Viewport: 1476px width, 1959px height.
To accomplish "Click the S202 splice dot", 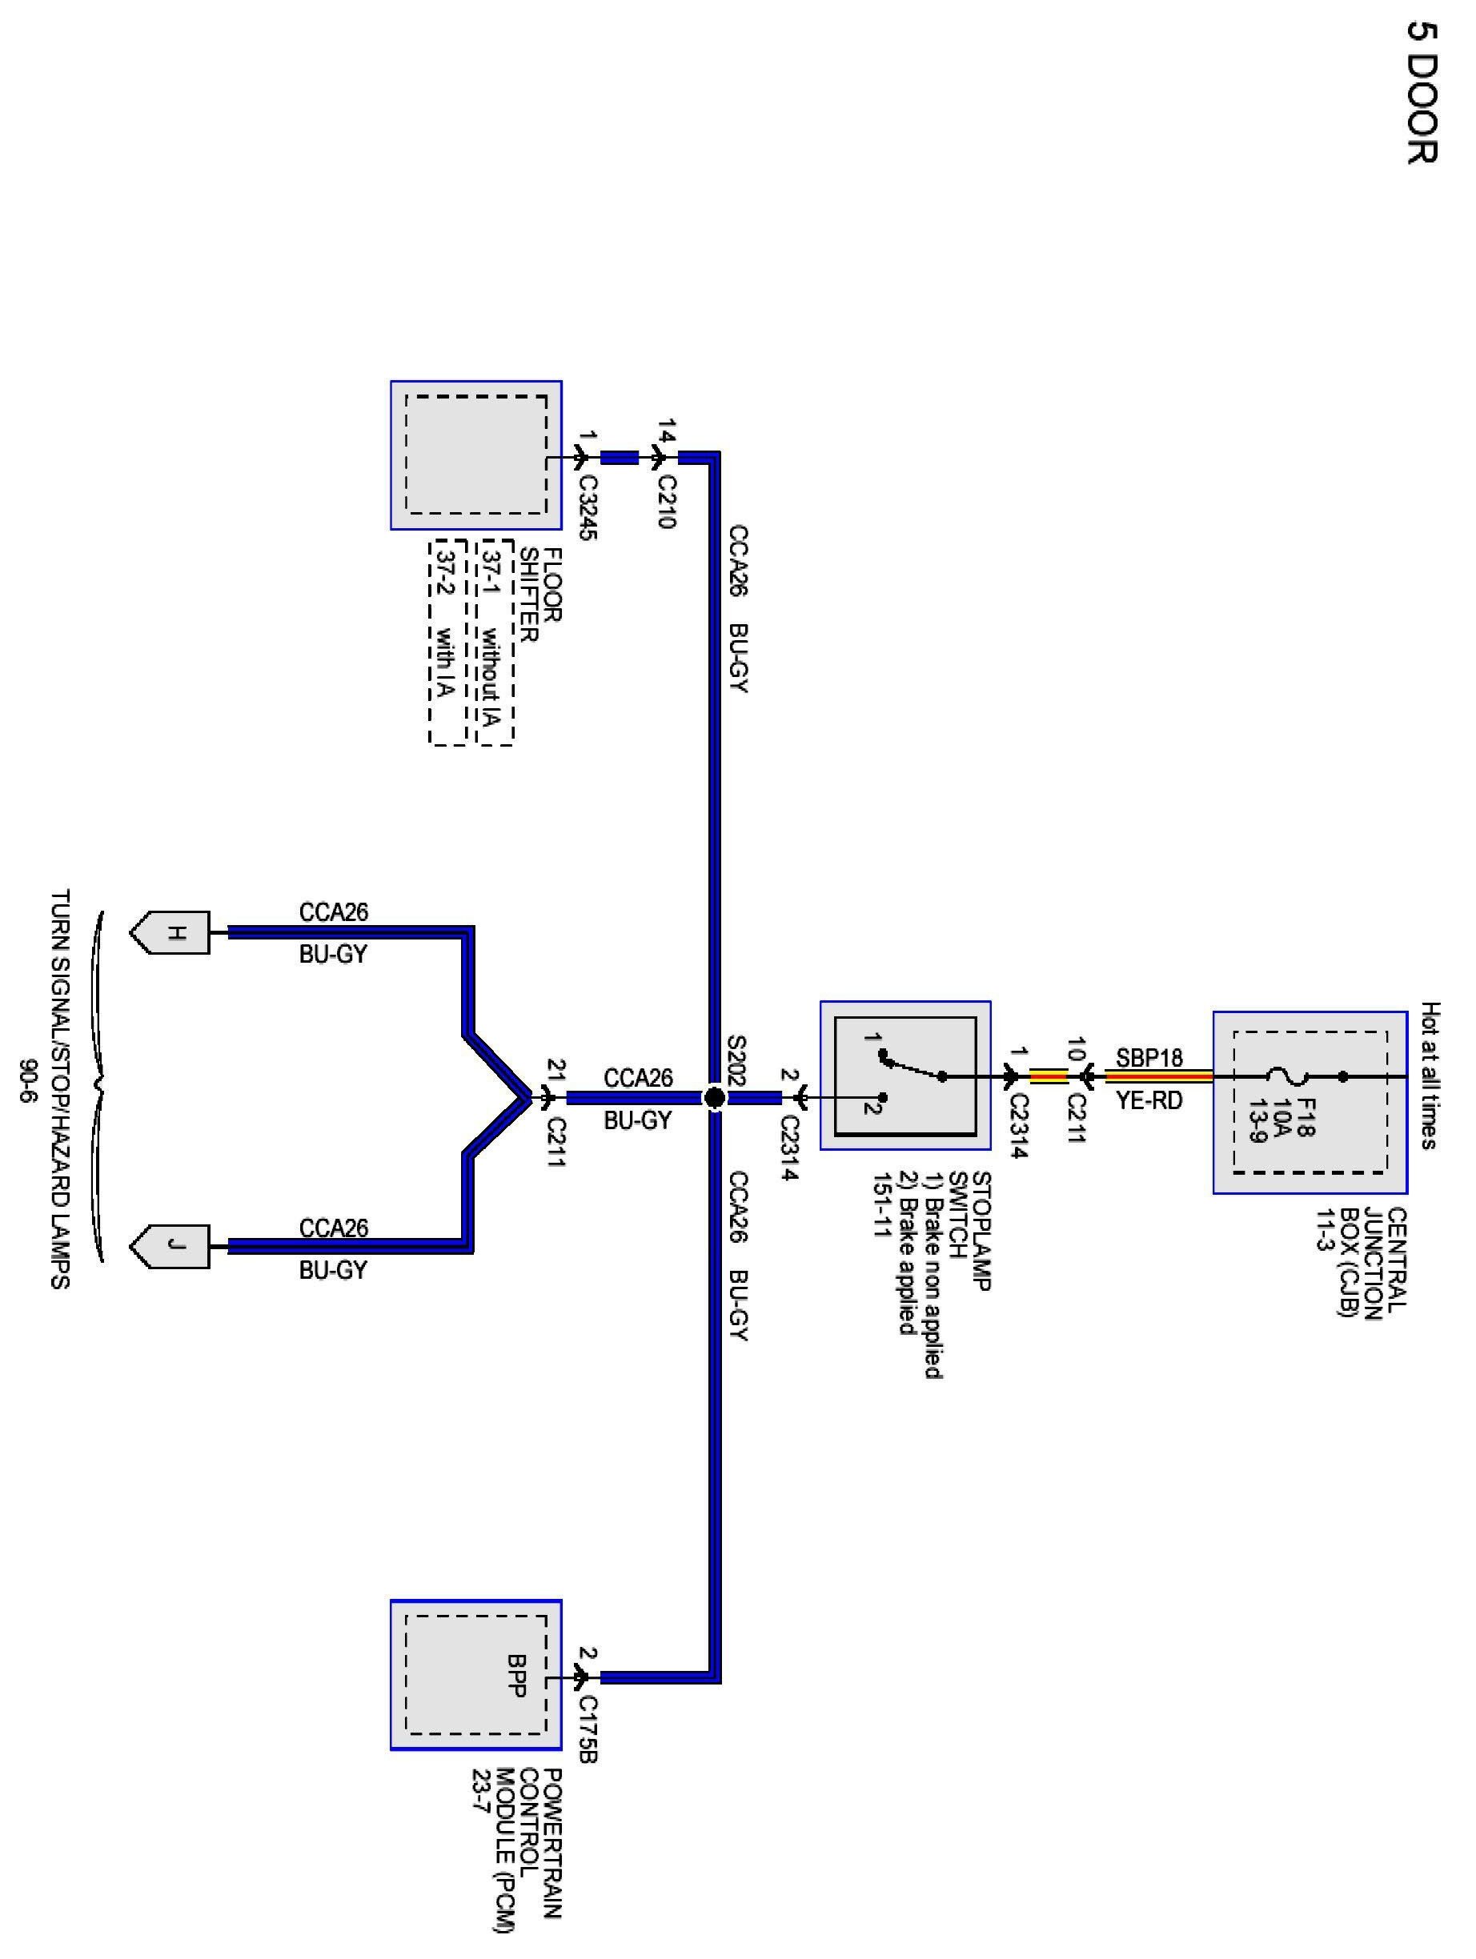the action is pos(714,1098).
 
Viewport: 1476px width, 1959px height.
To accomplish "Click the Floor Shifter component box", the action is pos(475,455).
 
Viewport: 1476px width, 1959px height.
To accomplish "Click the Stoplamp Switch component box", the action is pos(904,1076).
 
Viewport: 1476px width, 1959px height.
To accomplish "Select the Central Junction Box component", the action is pos(1310,1102).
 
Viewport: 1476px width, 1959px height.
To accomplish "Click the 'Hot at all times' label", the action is pos(1430,1076).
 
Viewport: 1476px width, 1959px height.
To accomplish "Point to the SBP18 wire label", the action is pos(1149,1057).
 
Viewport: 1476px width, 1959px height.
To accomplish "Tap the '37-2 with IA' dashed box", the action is pos(447,641).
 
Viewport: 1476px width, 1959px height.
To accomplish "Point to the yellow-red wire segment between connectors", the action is pos(1050,1077).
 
